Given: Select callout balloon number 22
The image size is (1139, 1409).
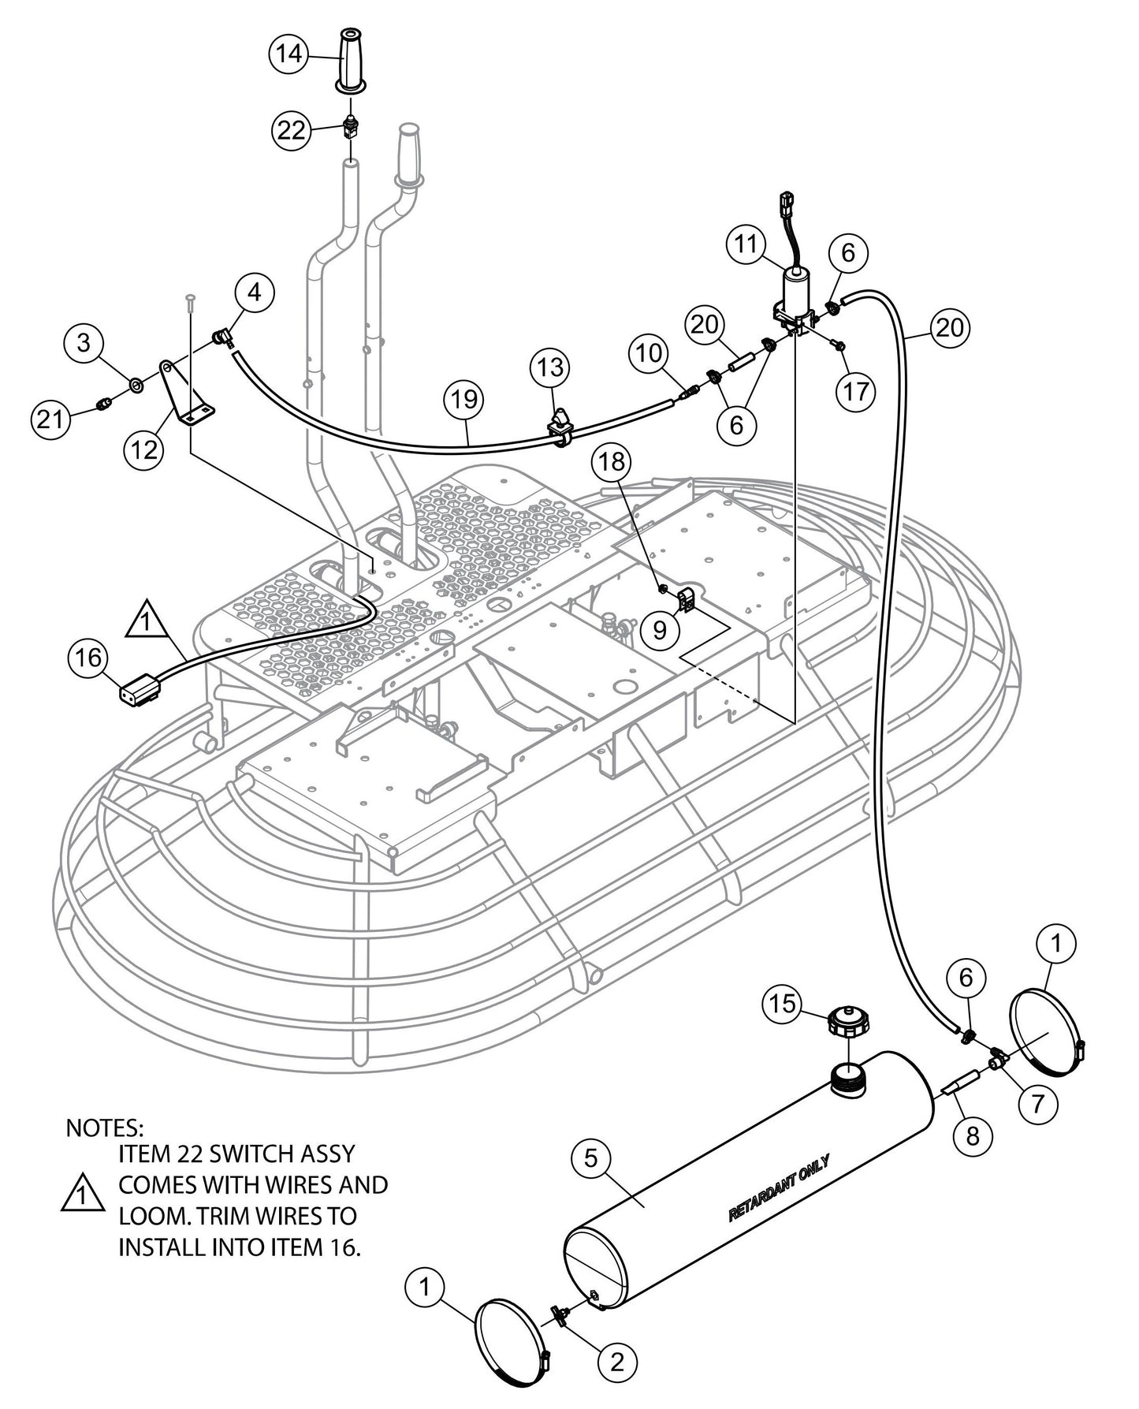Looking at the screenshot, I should tap(292, 129).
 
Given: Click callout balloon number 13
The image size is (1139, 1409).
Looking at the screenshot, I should tap(551, 367).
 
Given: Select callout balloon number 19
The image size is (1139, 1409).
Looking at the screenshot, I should tap(465, 399).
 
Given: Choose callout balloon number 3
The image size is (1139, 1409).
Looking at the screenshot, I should tap(84, 343).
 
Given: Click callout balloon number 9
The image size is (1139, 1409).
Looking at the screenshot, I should tap(659, 628).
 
